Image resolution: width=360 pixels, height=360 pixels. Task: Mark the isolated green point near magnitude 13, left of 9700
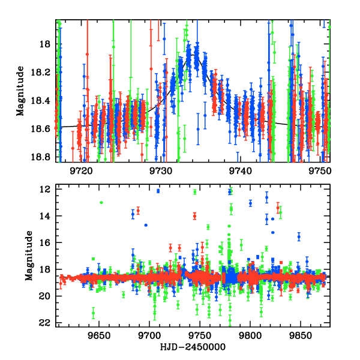point(101,202)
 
